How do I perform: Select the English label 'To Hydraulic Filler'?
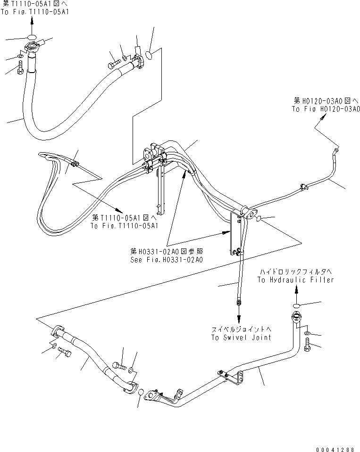(295, 280)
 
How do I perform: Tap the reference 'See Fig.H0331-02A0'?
(167, 260)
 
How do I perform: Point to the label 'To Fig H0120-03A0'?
(326, 109)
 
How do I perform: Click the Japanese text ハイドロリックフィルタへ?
(295, 272)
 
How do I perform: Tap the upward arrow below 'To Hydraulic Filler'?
(296, 291)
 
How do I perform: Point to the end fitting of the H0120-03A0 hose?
(336, 150)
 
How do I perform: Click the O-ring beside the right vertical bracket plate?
(260, 218)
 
